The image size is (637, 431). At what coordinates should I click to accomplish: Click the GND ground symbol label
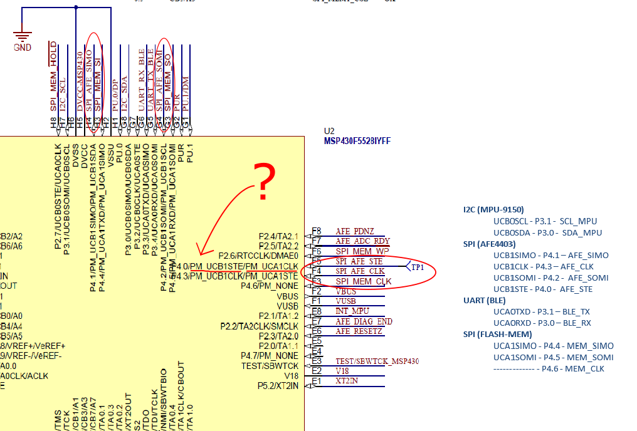pos(22,48)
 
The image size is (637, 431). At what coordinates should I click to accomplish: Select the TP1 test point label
pos(418,267)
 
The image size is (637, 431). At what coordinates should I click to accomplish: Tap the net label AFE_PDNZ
pos(355,231)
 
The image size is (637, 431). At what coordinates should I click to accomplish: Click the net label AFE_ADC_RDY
pos(362,241)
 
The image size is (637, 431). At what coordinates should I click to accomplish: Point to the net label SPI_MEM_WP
pos(363,251)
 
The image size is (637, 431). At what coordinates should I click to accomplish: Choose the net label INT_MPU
pos(352,311)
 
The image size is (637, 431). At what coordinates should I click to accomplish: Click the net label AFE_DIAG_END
pos(364,321)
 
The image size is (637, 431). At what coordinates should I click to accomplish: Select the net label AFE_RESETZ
pos(359,331)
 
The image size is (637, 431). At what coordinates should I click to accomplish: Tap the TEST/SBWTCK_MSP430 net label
pos(377,361)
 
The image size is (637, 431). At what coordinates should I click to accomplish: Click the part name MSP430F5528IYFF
pos(357,142)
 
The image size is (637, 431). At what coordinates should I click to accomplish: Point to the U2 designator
pos(329,131)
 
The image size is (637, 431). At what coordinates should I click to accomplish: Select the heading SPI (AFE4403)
pos(490,244)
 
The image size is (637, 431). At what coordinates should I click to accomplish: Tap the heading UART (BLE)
pos(483,300)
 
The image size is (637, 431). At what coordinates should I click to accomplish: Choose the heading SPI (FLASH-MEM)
pos(497,334)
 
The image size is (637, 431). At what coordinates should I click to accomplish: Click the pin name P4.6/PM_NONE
pos(270,286)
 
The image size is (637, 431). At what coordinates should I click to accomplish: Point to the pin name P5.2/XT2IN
pos(278,386)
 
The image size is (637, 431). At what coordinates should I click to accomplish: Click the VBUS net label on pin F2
pos(345,291)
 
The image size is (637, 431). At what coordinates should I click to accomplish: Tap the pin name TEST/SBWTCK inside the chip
pos(270,366)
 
